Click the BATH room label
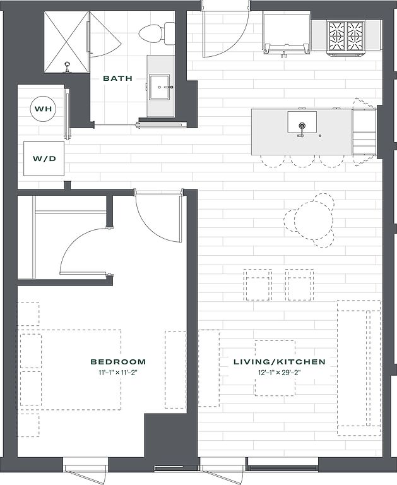pos(117,78)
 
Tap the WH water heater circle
pos(44,109)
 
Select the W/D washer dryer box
pos(44,159)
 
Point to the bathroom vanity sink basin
pos(160,87)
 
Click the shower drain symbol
pos(67,67)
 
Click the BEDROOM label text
pos(118,362)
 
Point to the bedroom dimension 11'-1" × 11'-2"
pos(118,373)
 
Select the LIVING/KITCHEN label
pos(279,362)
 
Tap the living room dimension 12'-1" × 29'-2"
pos(279,373)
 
